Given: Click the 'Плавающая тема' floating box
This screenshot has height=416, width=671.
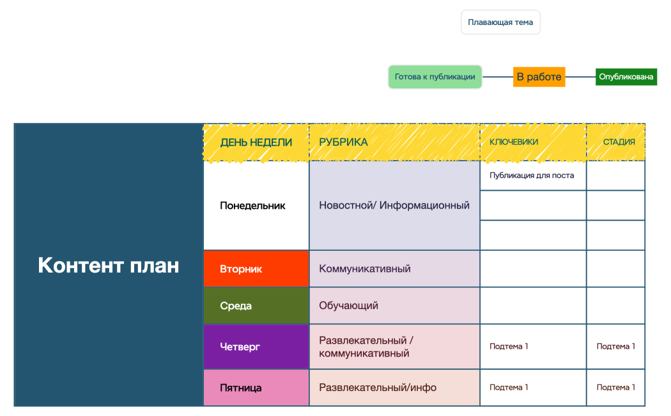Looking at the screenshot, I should point(500,22).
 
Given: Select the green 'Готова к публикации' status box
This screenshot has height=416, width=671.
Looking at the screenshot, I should point(435,77).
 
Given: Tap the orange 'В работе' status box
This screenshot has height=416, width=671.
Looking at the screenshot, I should point(539,77).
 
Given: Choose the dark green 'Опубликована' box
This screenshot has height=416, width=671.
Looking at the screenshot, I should point(626,77).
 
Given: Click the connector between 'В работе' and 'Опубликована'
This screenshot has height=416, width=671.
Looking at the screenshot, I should point(580,77).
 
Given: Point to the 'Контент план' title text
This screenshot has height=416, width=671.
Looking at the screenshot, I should point(109,265).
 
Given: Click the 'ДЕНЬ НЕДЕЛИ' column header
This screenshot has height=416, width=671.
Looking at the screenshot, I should point(256,142).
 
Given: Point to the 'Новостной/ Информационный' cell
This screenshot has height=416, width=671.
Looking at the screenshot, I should point(394,205).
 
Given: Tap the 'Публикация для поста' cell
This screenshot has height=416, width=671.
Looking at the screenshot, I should point(532,175).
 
